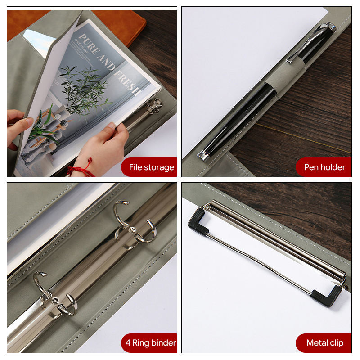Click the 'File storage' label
pyautogui.click(x=151, y=167)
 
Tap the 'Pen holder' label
pyautogui.click(x=324, y=167)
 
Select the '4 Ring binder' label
pyautogui.click(x=151, y=343)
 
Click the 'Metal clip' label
pyautogui.click(x=325, y=343)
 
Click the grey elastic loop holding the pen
pyautogui.click(x=285, y=75)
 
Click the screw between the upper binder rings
pyautogui.click(x=131, y=229)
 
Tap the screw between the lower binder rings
pyautogui.click(x=54, y=300)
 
